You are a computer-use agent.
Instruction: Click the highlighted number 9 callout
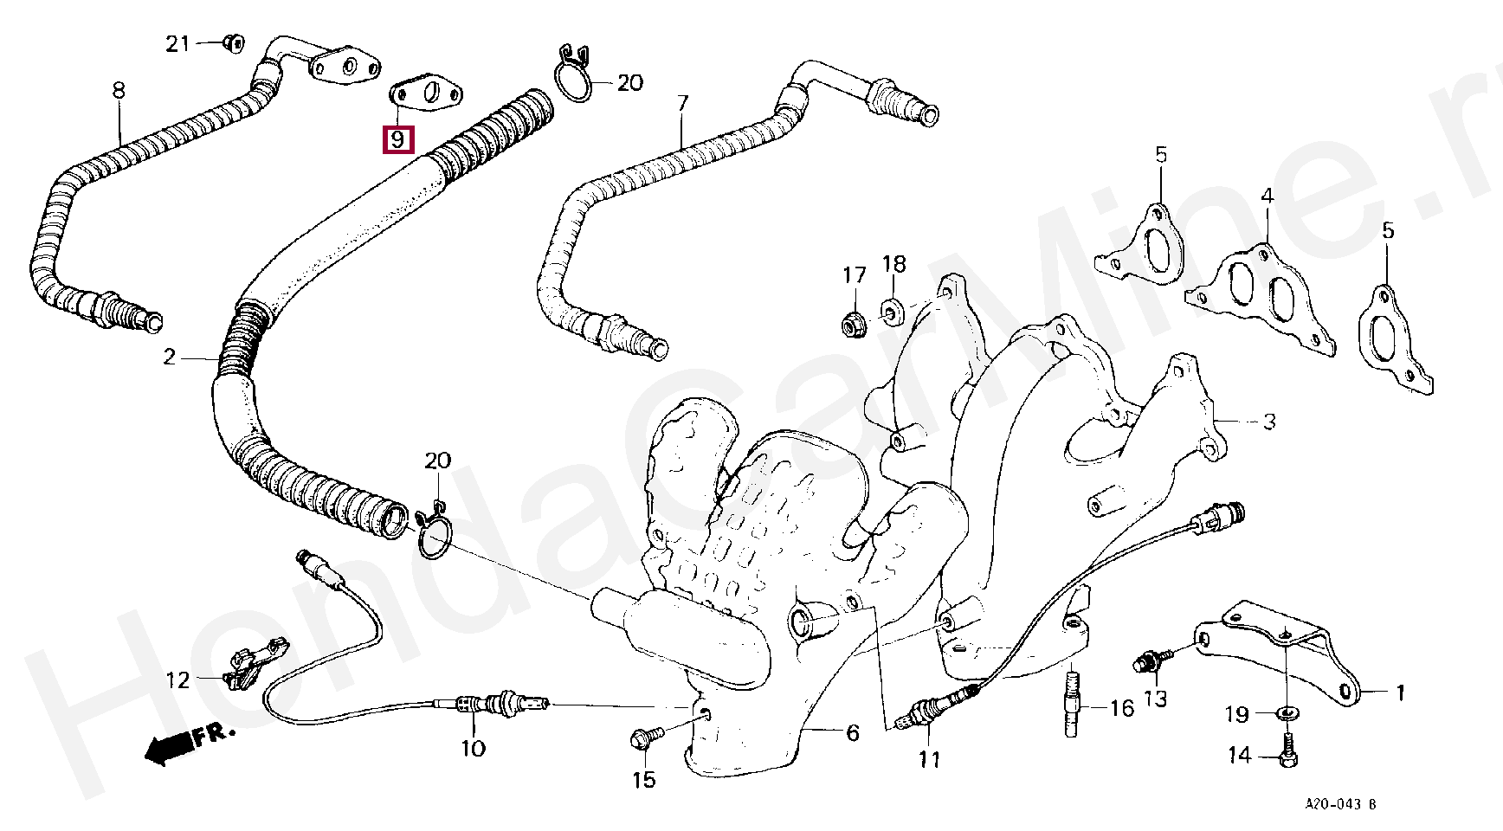point(397,138)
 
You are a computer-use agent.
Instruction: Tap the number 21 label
point(177,43)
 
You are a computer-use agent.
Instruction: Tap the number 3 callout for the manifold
point(1268,422)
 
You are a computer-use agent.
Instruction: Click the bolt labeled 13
point(1150,661)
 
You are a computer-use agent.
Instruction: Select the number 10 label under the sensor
point(473,747)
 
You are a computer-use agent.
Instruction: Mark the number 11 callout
point(928,759)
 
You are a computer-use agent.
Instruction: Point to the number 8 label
point(119,89)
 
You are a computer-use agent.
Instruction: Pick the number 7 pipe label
point(682,104)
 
